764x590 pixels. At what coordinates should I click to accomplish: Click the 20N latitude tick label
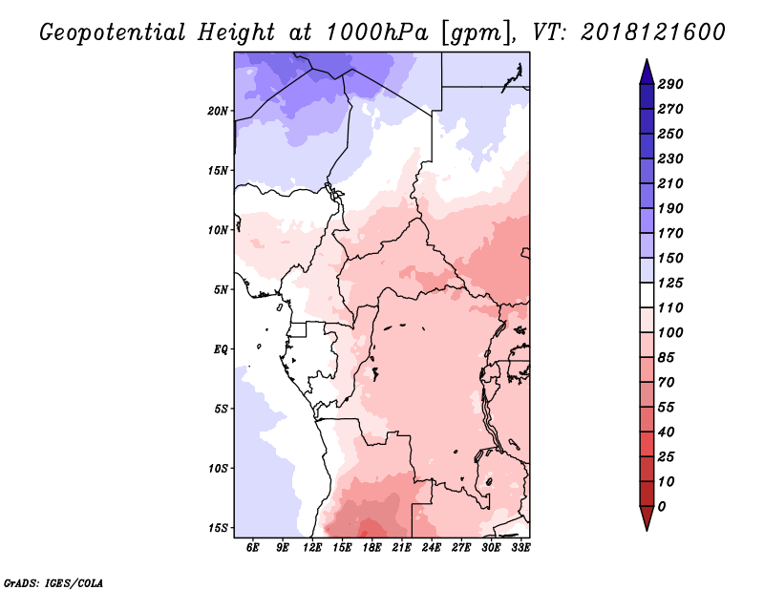tap(218, 111)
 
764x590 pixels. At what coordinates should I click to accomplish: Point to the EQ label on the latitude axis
tap(221, 349)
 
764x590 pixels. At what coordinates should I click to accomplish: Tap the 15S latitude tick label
tap(218, 528)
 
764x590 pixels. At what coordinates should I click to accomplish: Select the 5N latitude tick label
tap(221, 290)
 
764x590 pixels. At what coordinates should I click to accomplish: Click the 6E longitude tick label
tap(252, 547)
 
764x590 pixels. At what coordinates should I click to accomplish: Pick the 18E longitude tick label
tap(371, 547)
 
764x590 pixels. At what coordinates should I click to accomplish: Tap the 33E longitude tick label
tap(520, 547)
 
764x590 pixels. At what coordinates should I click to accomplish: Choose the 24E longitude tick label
tap(432, 547)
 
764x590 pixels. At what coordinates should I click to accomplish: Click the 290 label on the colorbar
tap(670, 84)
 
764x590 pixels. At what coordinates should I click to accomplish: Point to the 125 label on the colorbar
tap(670, 283)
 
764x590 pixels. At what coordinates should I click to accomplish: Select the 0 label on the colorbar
tap(661, 507)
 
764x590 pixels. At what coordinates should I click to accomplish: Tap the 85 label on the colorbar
tap(666, 358)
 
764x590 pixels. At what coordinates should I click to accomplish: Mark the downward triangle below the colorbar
tap(647, 518)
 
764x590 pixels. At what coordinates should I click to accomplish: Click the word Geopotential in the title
tap(113, 32)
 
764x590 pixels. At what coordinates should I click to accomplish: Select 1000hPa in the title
tap(376, 32)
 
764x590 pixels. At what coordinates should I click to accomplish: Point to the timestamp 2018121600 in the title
tap(653, 32)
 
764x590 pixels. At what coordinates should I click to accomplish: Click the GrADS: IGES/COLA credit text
tap(53, 583)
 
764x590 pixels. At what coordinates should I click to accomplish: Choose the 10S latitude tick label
tap(218, 469)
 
